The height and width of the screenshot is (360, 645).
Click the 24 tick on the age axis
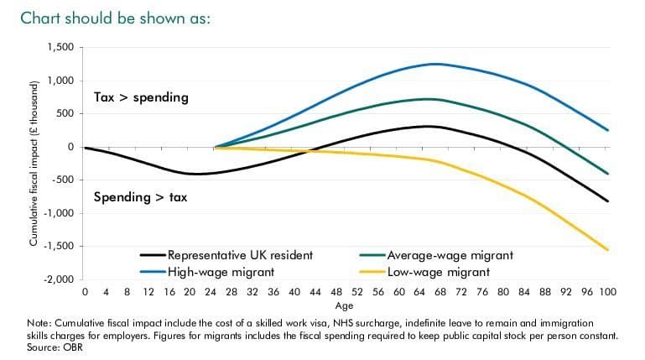(215, 293)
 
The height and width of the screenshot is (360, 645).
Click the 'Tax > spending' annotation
(141, 98)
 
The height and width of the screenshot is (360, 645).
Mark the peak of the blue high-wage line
(436, 64)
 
